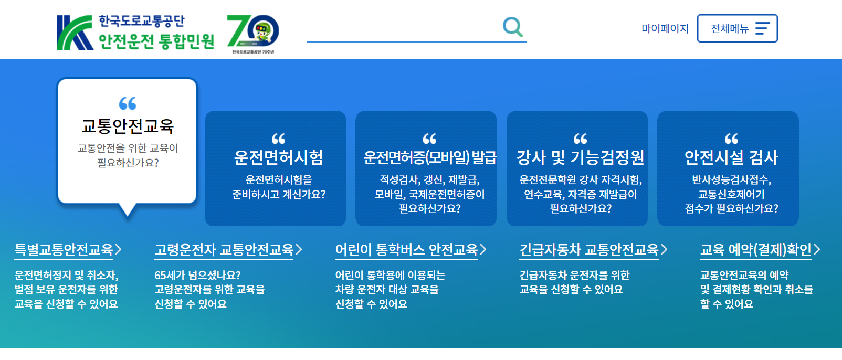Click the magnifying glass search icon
[x=512, y=27]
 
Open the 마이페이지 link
[x=665, y=28]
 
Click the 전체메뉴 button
[x=736, y=28]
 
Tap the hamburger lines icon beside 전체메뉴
[x=762, y=28]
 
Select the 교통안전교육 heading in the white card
[x=128, y=126]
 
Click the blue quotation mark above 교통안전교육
[x=128, y=103]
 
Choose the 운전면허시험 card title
[x=278, y=157]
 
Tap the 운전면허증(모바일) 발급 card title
[x=429, y=157]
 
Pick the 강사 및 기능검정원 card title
[x=580, y=157]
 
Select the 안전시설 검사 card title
[x=731, y=157]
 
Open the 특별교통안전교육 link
[x=64, y=250]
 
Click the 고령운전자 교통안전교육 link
[x=224, y=250]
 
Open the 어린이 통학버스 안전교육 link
[x=407, y=250]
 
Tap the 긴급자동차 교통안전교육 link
[x=589, y=250]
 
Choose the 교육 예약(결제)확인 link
[x=756, y=250]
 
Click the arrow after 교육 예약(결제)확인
[x=817, y=250]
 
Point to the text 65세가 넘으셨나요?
[x=197, y=275]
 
